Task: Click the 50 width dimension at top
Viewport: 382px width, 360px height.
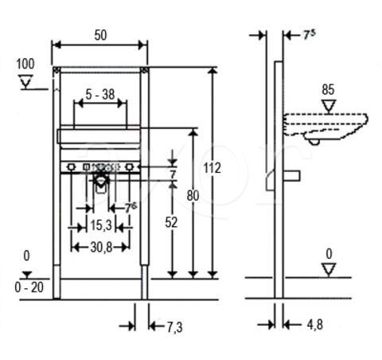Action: [x=100, y=36]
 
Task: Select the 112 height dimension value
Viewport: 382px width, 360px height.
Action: [x=212, y=168]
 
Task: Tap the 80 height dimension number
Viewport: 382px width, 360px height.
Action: [x=193, y=196]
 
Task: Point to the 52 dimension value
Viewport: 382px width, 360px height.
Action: [x=171, y=222]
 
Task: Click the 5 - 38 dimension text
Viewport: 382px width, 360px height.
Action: [x=100, y=95]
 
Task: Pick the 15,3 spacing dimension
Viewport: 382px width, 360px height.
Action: [x=101, y=225]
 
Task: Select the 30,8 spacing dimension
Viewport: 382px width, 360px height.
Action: [x=101, y=248]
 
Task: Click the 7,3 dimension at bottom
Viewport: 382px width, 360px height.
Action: [x=174, y=327]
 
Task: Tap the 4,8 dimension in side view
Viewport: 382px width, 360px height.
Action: [x=315, y=325]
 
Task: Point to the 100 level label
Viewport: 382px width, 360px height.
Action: [x=25, y=64]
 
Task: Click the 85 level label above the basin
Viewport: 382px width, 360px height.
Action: [x=328, y=90]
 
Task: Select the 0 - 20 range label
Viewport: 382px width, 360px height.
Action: [x=29, y=288]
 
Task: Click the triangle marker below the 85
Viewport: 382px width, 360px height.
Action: [x=329, y=106]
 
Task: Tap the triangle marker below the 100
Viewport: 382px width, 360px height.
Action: [x=25, y=81]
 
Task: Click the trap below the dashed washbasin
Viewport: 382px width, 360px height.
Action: [x=314, y=142]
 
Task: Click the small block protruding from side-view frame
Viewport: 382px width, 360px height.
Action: [x=292, y=176]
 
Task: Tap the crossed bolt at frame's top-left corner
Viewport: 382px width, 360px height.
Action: [x=57, y=70]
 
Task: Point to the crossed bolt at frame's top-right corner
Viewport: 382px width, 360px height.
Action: [x=145, y=70]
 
